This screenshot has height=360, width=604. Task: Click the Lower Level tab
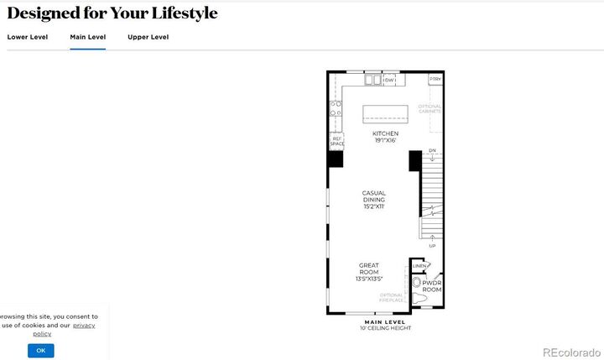(28, 37)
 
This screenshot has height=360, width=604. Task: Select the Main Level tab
(87, 37)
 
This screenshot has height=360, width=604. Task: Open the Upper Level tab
(148, 37)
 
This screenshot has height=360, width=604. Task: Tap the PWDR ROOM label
(432, 286)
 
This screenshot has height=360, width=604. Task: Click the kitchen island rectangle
(385, 114)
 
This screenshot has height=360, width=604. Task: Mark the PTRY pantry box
(435, 80)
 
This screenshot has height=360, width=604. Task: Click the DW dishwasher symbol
(389, 81)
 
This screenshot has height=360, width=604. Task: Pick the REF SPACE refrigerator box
(336, 141)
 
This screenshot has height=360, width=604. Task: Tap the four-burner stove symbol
(336, 108)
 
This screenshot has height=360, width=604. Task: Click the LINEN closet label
(419, 266)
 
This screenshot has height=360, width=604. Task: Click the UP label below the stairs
(432, 246)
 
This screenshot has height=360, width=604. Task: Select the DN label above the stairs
(432, 151)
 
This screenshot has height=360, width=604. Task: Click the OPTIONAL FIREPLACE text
(392, 297)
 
